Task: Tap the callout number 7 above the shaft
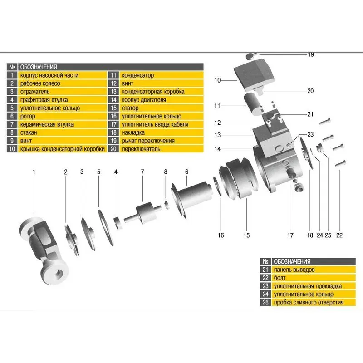pyautogui.click(x=142, y=172)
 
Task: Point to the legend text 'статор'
pyautogui.click(x=131, y=108)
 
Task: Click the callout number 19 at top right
pyautogui.click(x=311, y=54)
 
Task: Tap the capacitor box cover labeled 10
pyautogui.click(x=255, y=74)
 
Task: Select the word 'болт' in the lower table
pyautogui.click(x=280, y=278)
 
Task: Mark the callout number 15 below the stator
pyautogui.click(x=246, y=235)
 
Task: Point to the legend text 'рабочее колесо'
pyautogui.click(x=39, y=83)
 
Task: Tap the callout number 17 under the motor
pyautogui.click(x=289, y=235)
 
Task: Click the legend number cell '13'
pyautogui.click(x=113, y=92)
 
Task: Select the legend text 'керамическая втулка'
pyautogui.click(x=46, y=124)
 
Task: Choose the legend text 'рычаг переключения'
pyautogui.click(x=148, y=141)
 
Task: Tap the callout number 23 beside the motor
pyautogui.click(x=310, y=134)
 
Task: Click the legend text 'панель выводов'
pyautogui.click(x=294, y=270)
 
